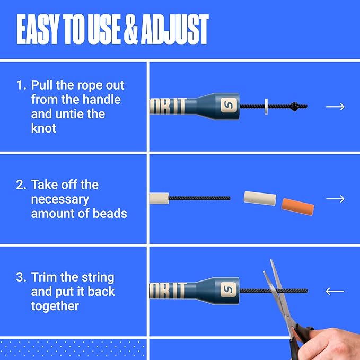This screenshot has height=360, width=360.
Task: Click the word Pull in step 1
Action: click(43, 85)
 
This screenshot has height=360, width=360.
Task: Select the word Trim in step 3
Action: click(44, 277)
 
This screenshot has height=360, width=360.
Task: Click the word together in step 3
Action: click(55, 306)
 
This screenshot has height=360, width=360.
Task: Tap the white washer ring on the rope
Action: click(265, 106)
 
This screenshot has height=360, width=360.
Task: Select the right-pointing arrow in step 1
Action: click(335, 107)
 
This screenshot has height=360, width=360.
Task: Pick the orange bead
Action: click(298, 204)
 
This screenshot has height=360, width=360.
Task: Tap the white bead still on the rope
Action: click(159, 198)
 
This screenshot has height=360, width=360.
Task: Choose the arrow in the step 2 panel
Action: click(335, 199)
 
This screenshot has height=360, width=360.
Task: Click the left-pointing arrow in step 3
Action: click(335, 291)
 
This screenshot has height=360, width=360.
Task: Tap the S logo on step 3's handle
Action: click(229, 289)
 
